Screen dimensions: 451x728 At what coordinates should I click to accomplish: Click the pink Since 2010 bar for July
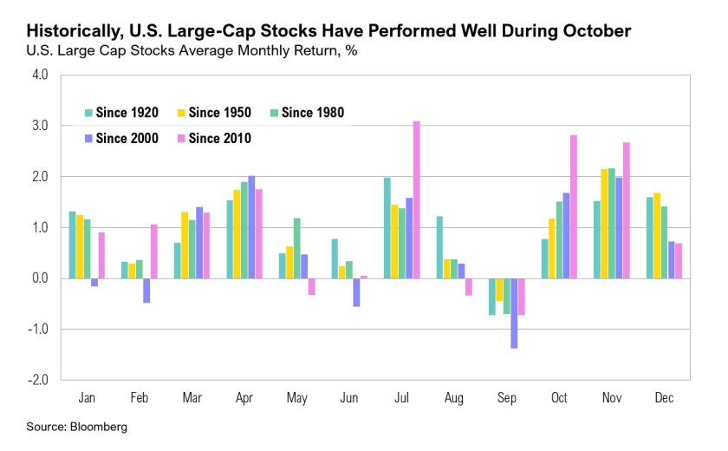pyautogui.click(x=416, y=199)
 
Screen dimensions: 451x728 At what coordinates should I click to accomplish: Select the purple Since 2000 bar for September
pyautogui.click(x=514, y=313)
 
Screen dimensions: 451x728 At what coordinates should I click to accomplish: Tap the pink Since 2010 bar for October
pyautogui.click(x=573, y=206)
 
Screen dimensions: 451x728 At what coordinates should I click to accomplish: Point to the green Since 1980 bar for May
pyautogui.click(x=296, y=248)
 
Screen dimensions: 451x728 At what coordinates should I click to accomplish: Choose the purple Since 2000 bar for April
pyautogui.click(x=251, y=227)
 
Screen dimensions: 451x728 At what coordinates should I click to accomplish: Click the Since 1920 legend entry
pyautogui.click(x=120, y=112)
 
